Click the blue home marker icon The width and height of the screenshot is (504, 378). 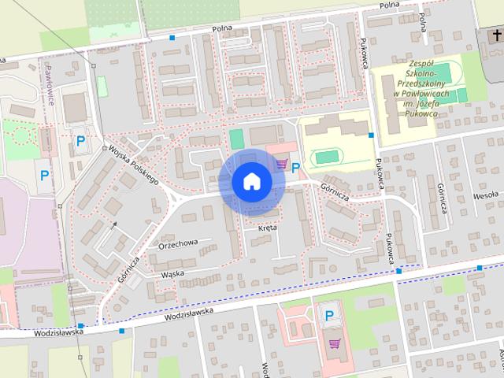coord(251,181)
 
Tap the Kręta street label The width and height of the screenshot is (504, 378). coord(268,228)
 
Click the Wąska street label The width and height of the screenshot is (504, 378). coord(172,274)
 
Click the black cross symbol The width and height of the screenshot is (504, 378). coord(498,36)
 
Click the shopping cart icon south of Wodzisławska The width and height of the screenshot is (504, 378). coord(335,343)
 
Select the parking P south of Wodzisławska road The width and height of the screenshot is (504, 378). coord(329,317)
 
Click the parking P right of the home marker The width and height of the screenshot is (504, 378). coord(296,167)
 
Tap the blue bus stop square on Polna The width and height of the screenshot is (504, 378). coord(172,37)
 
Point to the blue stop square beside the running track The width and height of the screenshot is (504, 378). coord(371,135)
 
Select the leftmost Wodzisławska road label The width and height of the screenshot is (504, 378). coord(58,332)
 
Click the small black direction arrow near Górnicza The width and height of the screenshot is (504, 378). coord(114,224)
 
